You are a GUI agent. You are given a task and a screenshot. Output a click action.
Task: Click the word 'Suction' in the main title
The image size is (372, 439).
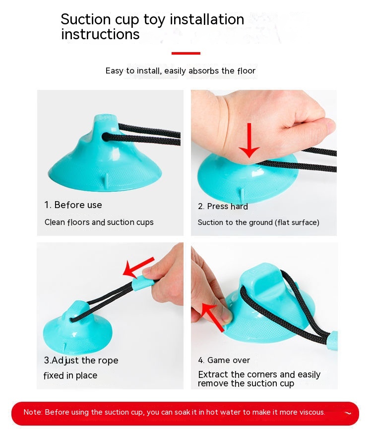(86, 19)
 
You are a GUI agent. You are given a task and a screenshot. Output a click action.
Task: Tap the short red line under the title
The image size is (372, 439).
(186, 53)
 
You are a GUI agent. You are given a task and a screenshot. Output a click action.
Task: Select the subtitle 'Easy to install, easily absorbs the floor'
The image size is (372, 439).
(181, 71)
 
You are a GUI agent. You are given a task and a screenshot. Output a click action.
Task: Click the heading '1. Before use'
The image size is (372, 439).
(73, 205)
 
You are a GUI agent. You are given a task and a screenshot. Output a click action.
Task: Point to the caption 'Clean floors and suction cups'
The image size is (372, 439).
(99, 222)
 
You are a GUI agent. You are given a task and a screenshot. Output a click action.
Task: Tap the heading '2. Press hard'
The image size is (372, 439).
(223, 207)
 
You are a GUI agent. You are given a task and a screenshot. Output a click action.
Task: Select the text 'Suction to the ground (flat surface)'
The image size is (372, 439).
(258, 222)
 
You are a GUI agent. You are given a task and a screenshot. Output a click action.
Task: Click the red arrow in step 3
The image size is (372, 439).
(138, 267)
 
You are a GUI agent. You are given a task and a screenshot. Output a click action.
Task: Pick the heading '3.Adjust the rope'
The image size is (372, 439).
(81, 361)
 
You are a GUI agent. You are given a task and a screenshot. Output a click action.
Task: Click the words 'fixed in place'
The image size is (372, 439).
(70, 375)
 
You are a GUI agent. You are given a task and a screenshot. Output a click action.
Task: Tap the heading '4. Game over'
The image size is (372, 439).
(224, 361)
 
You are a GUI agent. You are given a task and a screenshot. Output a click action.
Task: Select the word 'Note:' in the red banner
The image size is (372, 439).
(33, 412)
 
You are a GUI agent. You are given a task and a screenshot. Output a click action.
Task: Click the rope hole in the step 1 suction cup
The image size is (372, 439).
(106, 137)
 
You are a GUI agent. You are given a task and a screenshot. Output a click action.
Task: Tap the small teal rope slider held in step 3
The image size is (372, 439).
(143, 282)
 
